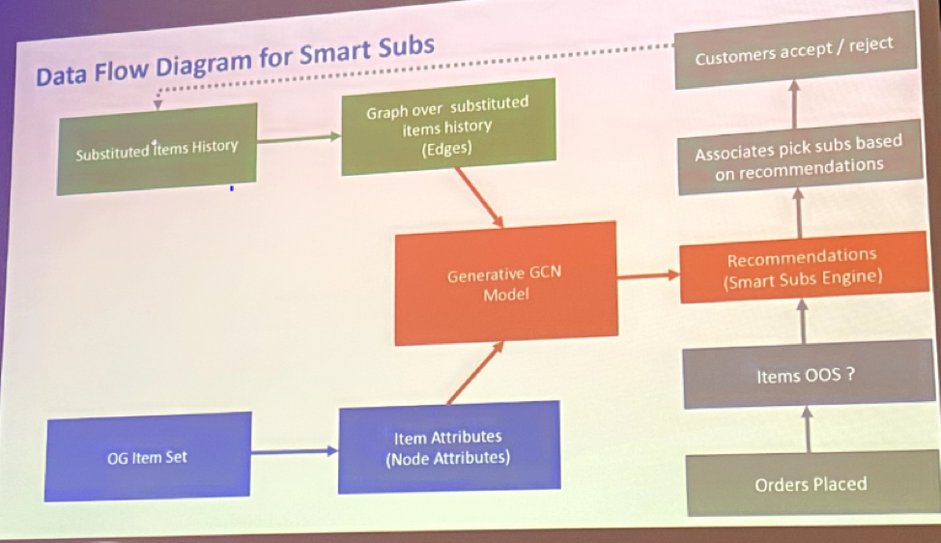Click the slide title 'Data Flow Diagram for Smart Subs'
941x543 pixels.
(236, 61)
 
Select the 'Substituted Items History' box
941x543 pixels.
(157, 149)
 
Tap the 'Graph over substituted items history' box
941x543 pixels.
(448, 127)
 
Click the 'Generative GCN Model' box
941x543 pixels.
(506, 283)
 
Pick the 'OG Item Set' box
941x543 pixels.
(148, 457)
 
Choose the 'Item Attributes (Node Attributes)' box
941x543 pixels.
(449, 447)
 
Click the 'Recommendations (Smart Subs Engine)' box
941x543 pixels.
(804, 267)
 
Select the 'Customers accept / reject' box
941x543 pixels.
(795, 50)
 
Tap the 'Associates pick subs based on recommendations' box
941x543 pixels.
(800, 157)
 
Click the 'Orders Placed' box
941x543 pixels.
(812, 484)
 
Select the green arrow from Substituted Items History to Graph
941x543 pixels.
(299, 139)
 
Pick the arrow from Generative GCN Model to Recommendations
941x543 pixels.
(648, 276)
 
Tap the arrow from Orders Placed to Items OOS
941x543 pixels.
(808, 430)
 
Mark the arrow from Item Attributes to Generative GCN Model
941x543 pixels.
(475, 372)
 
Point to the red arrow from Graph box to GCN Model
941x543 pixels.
(479, 197)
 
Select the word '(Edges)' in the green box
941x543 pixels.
(446, 148)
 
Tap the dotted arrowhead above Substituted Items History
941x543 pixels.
(157, 105)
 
